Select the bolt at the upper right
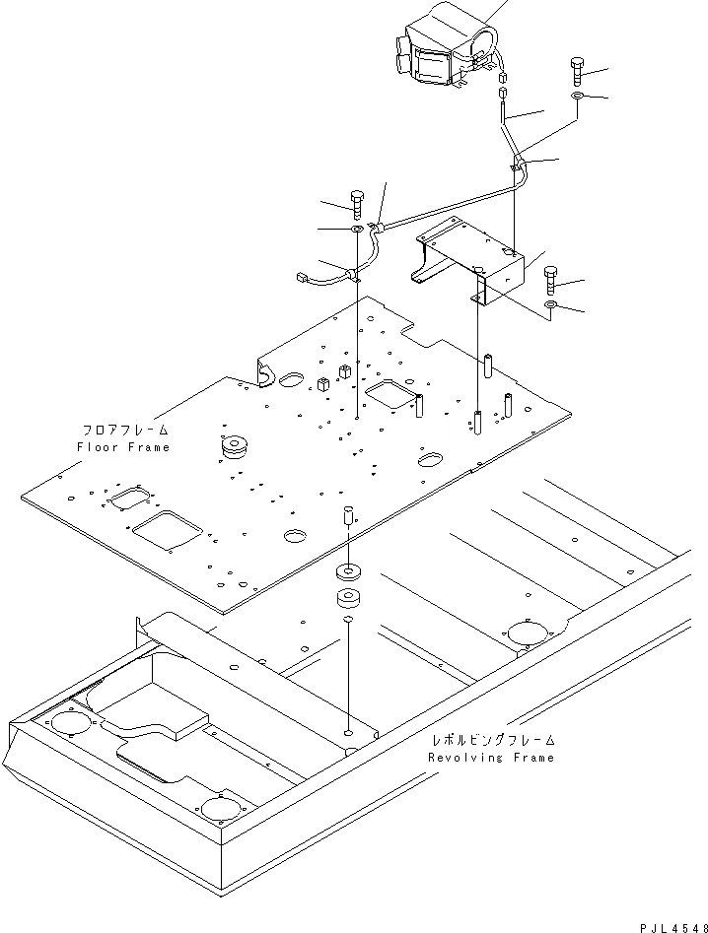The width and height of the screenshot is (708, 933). [x=577, y=72]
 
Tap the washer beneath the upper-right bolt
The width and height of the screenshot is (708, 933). [x=580, y=97]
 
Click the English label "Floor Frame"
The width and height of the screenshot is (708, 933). [x=123, y=446]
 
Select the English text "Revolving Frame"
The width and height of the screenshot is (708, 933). [x=491, y=757]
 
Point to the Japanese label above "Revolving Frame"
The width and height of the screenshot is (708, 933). [x=492, y=740]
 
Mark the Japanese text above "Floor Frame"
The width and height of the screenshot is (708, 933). [x=124, y=431]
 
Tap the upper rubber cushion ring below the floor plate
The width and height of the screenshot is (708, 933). [x=347, y=571]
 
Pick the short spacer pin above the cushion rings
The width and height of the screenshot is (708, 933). [x=347, y=516]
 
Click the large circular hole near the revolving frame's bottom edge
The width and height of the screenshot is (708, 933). [x=220, y=811]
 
